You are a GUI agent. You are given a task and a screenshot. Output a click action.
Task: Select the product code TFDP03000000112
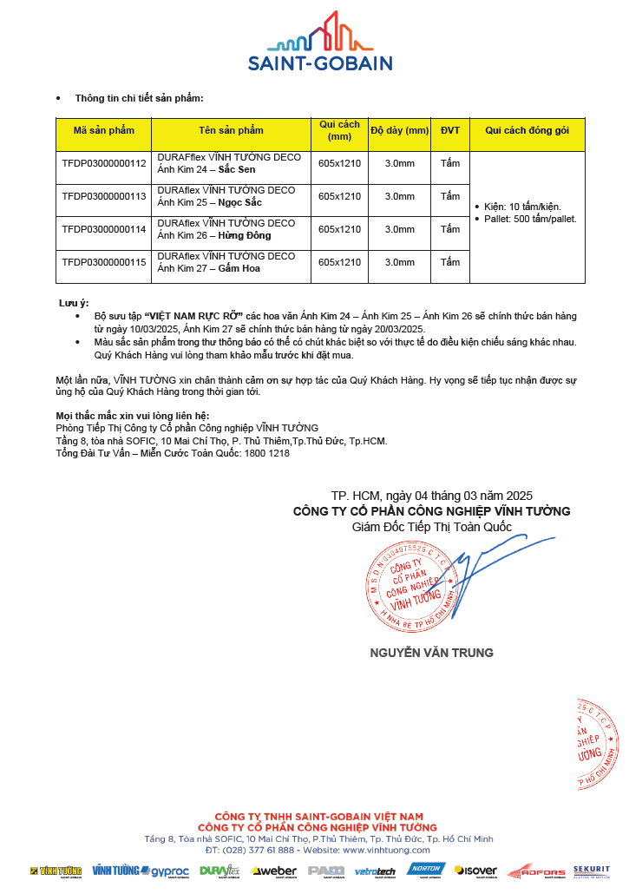click(104, 162)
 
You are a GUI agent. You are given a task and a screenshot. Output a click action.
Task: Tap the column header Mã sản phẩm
click(104, 130)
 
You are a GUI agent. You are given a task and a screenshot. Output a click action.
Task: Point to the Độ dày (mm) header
click(400, 130)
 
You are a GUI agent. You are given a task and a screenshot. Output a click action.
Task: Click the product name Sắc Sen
click(237, 169)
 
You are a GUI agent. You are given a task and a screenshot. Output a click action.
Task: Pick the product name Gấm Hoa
click(239, 268)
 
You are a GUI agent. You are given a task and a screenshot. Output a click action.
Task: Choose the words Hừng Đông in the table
click(244, 235)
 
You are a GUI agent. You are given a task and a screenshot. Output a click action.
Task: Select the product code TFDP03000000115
click(104, 262)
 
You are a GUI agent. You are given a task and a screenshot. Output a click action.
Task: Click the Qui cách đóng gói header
click(527, 130)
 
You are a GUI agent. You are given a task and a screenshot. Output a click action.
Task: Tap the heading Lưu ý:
click(74, 303)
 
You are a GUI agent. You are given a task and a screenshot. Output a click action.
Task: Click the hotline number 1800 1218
click(268, 453)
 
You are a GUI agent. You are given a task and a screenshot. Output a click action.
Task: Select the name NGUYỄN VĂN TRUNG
click(431, 653)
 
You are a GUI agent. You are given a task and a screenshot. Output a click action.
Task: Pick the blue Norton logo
click(426, 870)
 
